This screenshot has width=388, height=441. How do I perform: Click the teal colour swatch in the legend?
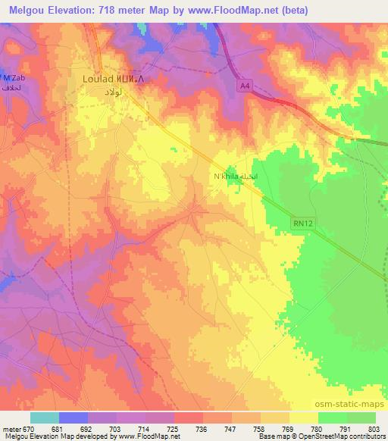[45, 418]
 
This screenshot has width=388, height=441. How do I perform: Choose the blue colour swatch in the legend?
[74, 418]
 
